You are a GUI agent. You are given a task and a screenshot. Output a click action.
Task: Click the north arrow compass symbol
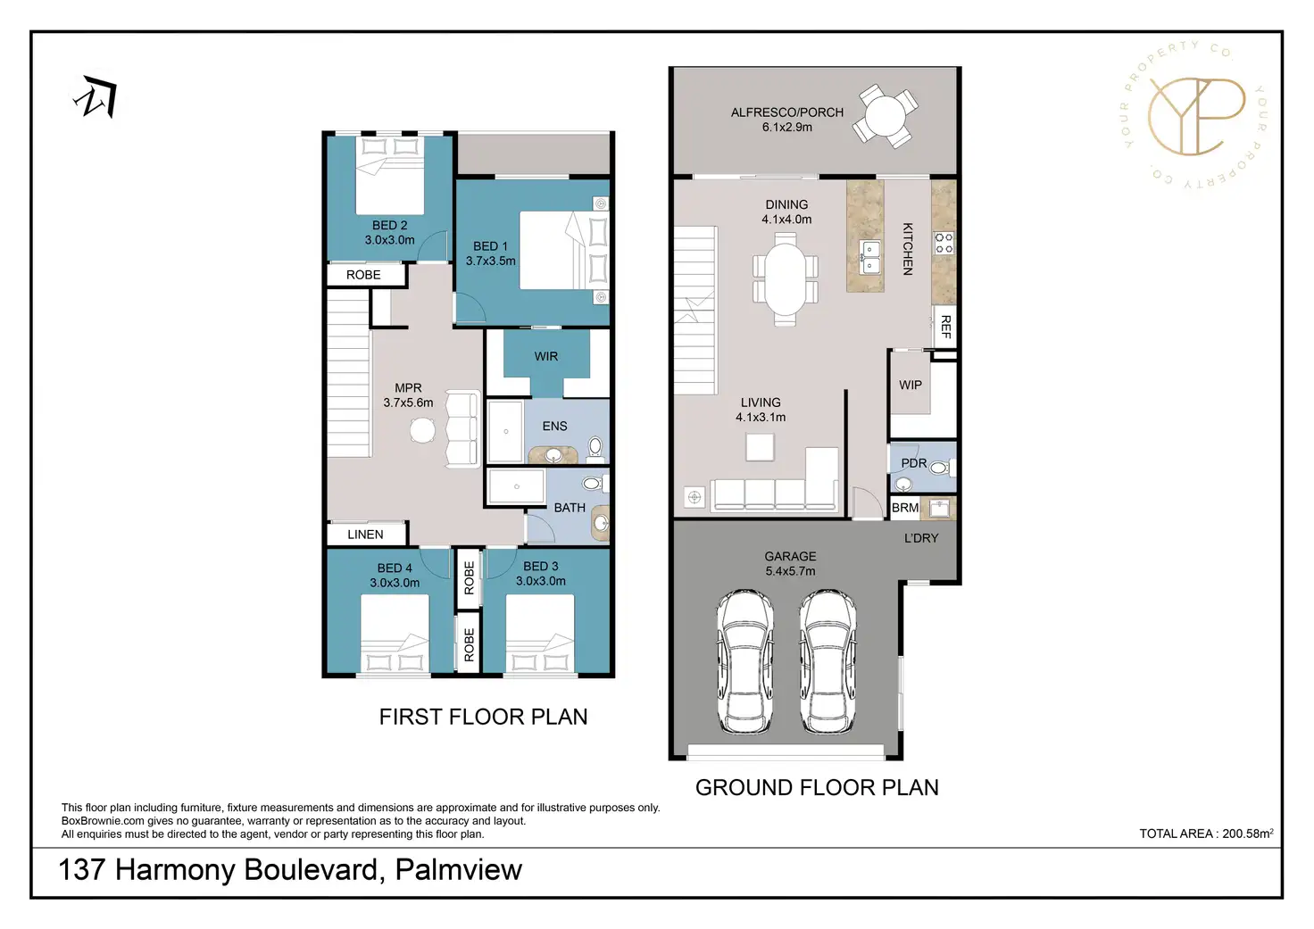pyautogui.click(x=96, y=98)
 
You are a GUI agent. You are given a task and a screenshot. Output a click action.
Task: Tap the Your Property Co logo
pyautogui.click(x=1194, y=115)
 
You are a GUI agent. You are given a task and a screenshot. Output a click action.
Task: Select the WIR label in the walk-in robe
pyautogui.click(x=545, y=356)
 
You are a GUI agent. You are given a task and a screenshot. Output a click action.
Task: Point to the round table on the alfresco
pyautogui.click(x=885, y=116)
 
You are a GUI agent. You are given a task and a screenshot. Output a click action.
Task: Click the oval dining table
pyautogui.click(x=786, y=278)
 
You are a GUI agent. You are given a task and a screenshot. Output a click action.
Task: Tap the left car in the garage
pyautogui.click(x=744, y=661)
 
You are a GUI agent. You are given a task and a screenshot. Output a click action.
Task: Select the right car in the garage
pyautogui.click(x=827, y=661)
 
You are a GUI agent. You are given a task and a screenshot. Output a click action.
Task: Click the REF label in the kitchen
pyautogui.click(x=945, y=327)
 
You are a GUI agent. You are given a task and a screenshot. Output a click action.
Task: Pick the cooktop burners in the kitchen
pyautogui.click(x=944, y=243)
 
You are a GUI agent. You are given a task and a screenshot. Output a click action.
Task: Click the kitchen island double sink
pyautogui.click(x=869, y=257)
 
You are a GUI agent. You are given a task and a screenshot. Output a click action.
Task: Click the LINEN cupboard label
pyautogui.click(x=365, y=535)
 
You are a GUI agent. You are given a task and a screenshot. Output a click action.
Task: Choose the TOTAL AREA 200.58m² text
pyautogui.click(x=1205, y=834)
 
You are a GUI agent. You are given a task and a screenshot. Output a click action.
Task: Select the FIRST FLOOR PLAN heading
pyautogui.click(x=483, y=717)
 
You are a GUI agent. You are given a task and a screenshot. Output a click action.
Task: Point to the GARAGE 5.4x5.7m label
pyautogui.click(x=790, y=563)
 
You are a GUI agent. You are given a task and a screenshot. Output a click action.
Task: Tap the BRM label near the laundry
pyautogui.click(x=904, y=508)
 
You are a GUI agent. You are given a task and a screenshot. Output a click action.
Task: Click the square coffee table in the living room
pyautogui.click(x=760, y=446)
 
